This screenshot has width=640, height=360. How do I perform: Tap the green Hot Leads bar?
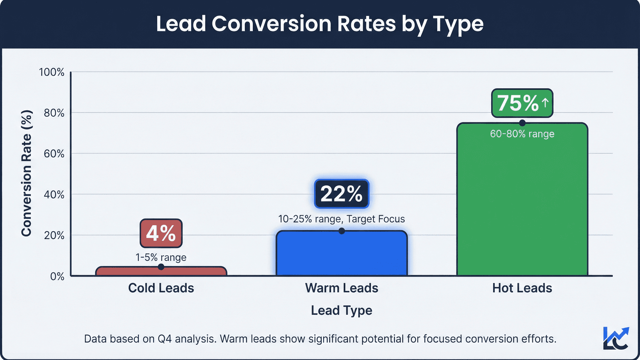(522, 208)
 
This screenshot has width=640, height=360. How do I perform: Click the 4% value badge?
(161, 233)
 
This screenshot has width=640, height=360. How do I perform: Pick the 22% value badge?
(342, 194)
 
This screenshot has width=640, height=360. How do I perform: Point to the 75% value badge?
(518, 103)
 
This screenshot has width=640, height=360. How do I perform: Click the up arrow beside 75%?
(545, 103)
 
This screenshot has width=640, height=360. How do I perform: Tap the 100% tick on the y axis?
(52, 72)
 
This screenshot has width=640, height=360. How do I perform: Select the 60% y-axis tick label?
(54, 154)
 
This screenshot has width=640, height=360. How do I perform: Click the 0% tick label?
(57, 276)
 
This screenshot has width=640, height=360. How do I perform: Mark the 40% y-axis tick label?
(54, 195)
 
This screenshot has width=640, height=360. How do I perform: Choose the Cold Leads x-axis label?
(161, 288)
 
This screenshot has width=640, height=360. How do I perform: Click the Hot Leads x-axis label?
(522, 288)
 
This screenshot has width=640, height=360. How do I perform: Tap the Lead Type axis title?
(342, 310)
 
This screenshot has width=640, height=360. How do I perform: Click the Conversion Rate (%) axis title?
(26, 173)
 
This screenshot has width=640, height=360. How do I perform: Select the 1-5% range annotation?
(161, 257)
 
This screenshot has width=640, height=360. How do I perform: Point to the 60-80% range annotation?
(522, 134)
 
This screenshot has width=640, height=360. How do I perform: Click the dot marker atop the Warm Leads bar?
(342, 231)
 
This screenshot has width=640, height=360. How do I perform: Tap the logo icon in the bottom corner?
(616, 338)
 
